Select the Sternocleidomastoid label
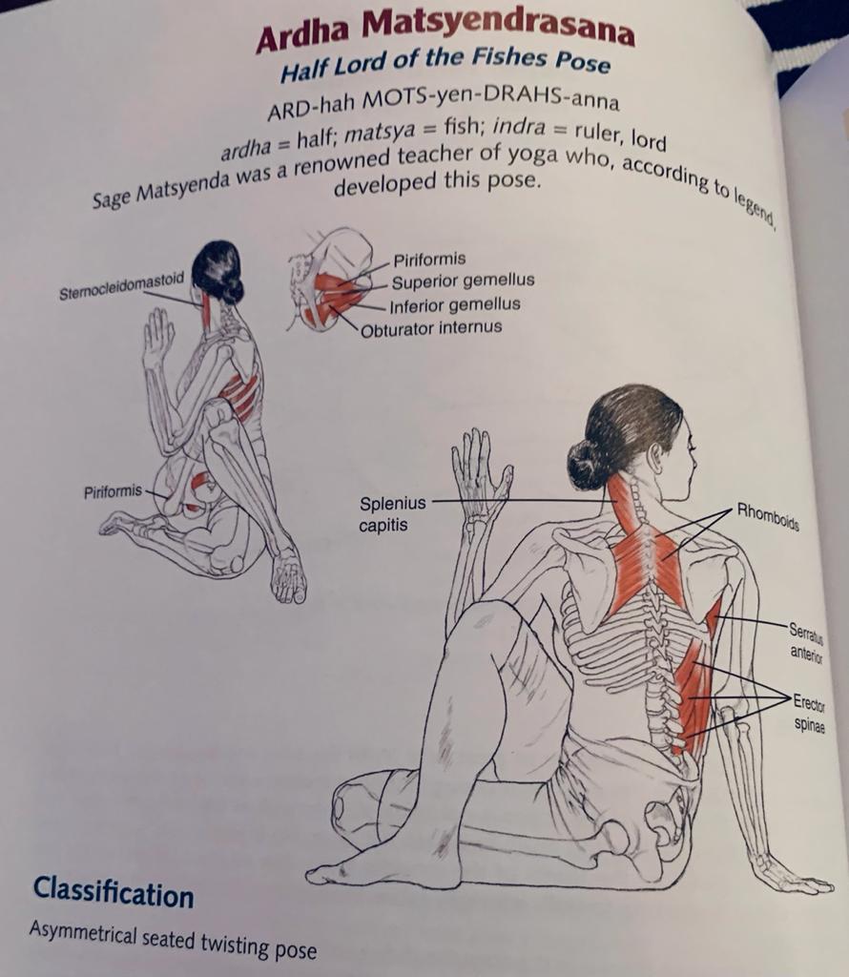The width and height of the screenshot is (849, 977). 121,286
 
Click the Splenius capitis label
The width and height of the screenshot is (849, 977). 392,514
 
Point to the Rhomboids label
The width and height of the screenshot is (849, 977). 767,516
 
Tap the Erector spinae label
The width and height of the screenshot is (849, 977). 810,714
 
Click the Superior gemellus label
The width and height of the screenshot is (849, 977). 463,281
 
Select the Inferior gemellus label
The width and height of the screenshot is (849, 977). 455,305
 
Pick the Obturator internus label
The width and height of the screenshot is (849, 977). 431,328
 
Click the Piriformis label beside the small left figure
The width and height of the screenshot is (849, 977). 113,491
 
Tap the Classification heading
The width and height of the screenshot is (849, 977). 114,892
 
